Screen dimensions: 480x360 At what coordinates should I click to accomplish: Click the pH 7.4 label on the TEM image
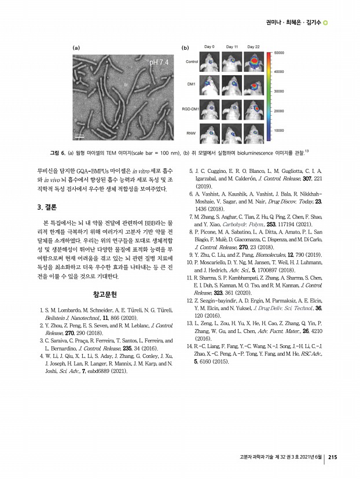[159, 62]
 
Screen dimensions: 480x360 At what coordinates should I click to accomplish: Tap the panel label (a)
[76, 46]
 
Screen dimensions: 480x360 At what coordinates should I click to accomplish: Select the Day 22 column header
[254, 46]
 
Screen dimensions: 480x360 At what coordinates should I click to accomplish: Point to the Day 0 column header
[210, 46]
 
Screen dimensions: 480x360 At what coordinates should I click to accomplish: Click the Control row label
[192, 61]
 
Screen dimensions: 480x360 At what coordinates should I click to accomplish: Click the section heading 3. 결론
[47, 206]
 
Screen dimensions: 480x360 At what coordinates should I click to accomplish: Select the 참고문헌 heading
[104, 294]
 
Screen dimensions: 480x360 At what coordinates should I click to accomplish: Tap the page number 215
[333, 458]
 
